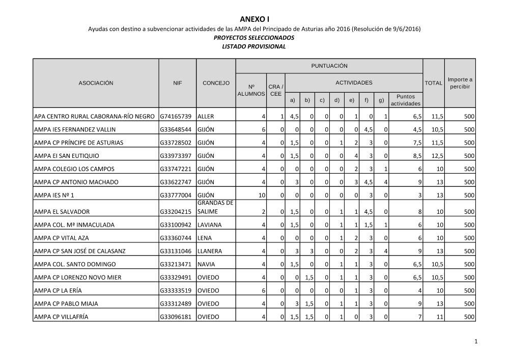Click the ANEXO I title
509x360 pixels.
tap(254, 19)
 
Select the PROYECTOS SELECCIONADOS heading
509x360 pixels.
tap(254, 38)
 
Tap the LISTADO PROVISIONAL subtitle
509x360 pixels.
tap(254, 46)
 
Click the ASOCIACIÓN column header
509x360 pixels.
tap(96, 83)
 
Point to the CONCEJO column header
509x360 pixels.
tap(216, 83)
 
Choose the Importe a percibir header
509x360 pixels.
tap(460, 83)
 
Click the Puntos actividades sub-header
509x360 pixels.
tap(405, 100)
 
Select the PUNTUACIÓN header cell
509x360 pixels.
tap(329, 66)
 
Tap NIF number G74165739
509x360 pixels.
tap(176, 117)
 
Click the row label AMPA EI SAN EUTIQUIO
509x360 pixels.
tap(67, 156)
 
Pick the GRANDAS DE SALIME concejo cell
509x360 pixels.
tap(215, 207)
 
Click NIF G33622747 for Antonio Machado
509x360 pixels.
tap(176, 182)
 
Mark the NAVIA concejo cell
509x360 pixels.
tap(206, 264)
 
